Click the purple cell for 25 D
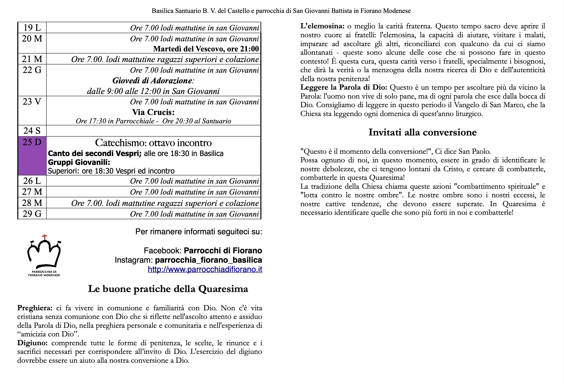pyautogui.click(x=32, y=156)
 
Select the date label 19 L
pyautogui.click(x=32, y=28)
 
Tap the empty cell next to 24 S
pyautogui.click(x=153, y=131)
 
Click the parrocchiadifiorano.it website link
pyautogui.click(x=205, y=269)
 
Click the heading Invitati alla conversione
pyautogui.click(x=422, y=132)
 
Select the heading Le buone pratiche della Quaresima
pyautogui.click(x=168, y=289)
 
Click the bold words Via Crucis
pyautogui.click(x=153, y=112)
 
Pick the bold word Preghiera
pyautogui.click(x=35, y=308)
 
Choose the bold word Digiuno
pyautogui.click(x=32, y=343)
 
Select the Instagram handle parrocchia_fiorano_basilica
pyautogui.click(x=208, y=260)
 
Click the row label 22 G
pyautogui.click(x=32, y=70)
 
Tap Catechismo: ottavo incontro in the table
pyautogui.click(x=153, y=143)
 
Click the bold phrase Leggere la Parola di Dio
pyautogui.click(x=344, y=87)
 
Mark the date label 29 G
pyautogui.click(x=32, y=214)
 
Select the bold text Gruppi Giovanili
pyautogui.click(x=79, y=162)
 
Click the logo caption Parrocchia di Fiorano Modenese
pyautogui.click(x=44, y=274)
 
